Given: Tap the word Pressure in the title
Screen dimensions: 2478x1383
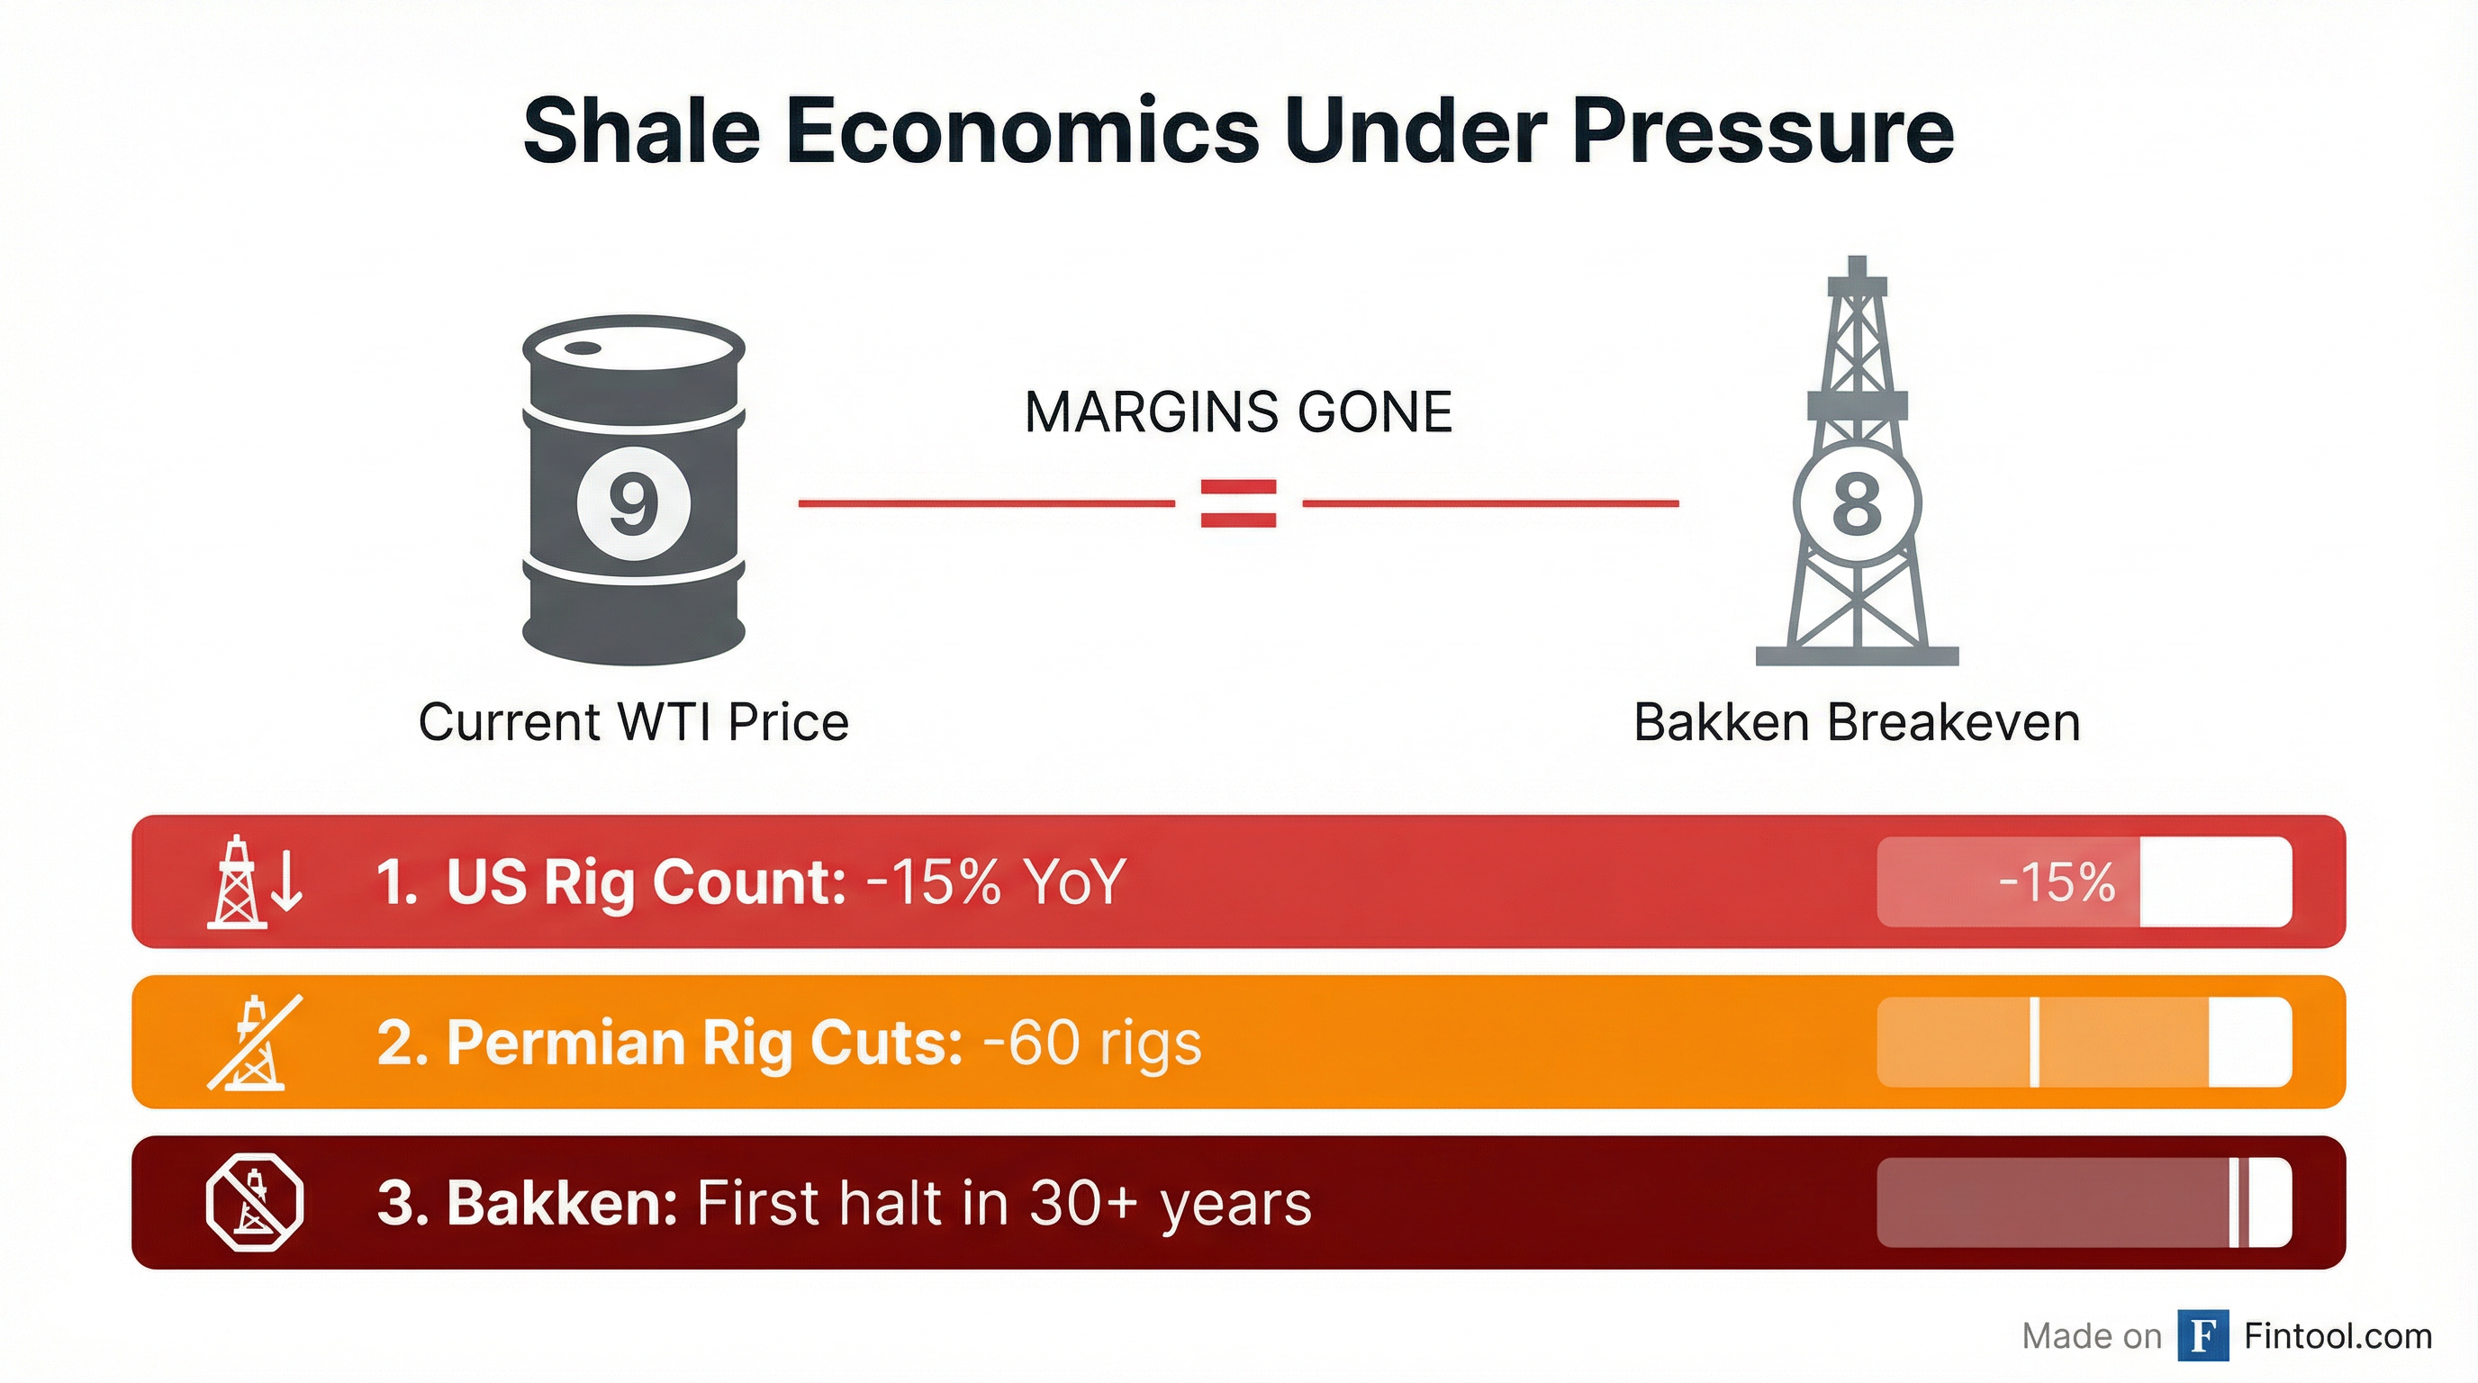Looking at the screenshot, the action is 1762,130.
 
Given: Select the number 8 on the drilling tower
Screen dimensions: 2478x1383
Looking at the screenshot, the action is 1857,504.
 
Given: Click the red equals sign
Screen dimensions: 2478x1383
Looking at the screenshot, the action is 1239,503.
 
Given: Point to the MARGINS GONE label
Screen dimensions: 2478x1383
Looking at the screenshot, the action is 1239,412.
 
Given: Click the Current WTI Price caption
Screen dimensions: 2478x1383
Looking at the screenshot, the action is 634,722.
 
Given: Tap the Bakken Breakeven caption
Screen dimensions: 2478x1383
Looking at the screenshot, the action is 1857,722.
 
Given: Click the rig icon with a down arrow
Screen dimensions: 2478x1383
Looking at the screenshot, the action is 256,881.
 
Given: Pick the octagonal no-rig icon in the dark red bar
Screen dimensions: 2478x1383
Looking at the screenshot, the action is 255,1202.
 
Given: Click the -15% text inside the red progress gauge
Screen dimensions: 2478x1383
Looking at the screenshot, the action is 2057,881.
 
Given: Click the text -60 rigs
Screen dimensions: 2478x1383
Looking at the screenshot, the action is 1092,1043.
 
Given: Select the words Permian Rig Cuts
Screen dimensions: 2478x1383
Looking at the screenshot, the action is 704,1043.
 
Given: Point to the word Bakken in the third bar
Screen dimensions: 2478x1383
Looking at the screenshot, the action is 562,1202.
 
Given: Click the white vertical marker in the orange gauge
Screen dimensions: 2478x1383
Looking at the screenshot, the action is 2035,1043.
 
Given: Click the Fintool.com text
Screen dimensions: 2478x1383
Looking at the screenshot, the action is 2338,1336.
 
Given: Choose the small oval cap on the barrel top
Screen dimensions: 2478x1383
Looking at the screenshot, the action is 582,349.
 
